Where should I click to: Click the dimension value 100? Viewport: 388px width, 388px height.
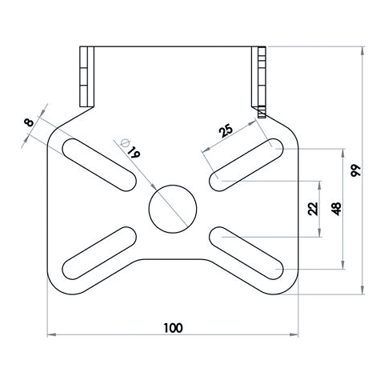(172, 327)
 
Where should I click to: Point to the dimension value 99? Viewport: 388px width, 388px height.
(354, 170)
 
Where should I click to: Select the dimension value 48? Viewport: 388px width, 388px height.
(336, 210)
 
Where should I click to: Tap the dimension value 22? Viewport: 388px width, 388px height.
(312, 209)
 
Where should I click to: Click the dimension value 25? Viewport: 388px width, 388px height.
(226, 130)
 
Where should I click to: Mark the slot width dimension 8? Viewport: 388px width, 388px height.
(30, 122)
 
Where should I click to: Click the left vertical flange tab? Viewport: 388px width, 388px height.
(87, 77)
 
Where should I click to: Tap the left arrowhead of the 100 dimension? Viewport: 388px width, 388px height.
(50, 335)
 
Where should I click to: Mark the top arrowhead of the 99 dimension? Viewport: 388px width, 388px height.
(363, 51)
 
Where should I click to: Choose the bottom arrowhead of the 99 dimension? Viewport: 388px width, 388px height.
(363, 290)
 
